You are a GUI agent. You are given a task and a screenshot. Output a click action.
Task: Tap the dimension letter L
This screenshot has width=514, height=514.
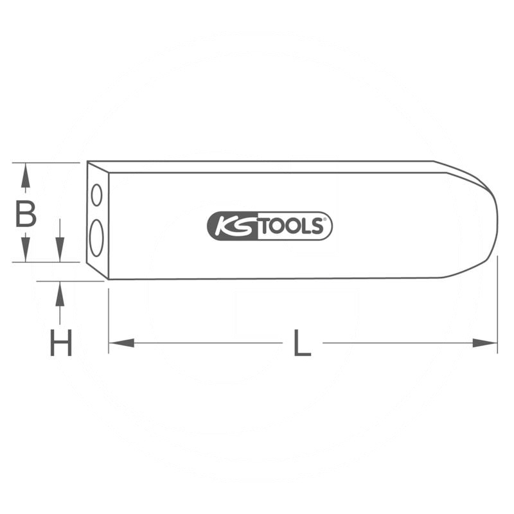coord(302,343)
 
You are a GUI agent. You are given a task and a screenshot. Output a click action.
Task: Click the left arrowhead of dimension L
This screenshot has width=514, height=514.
coord(120,343)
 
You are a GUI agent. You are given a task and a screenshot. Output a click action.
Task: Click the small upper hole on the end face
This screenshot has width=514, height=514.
coord(96,195)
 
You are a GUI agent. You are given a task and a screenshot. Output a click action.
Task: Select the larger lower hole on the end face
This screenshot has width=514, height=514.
coord(96,237)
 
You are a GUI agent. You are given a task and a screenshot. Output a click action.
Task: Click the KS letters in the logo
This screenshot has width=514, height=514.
coord(233,226)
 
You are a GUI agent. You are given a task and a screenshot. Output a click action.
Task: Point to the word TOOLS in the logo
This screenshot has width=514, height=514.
coord(292,226)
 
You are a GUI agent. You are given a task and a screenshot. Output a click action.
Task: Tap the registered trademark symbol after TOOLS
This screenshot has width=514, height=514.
coord(326,220)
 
